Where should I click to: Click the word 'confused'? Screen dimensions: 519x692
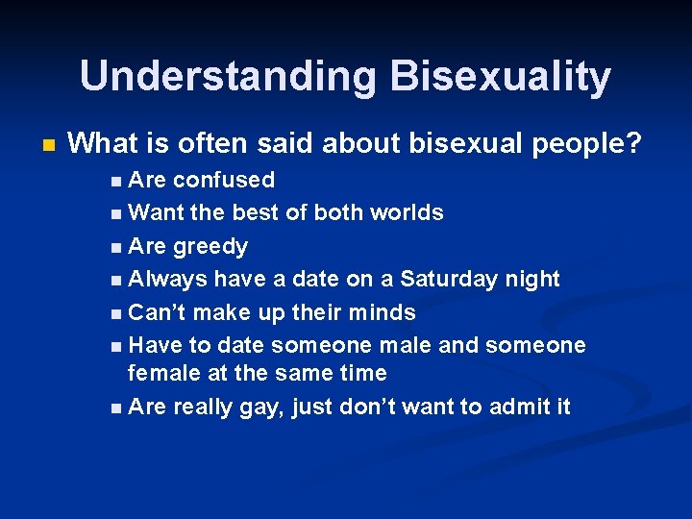tap(224, 180)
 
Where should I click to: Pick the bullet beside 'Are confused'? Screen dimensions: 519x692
tap(116, 181)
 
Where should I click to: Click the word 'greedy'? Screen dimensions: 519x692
tap(210, 247)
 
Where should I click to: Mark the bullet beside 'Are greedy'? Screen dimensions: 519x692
tap(116, 247)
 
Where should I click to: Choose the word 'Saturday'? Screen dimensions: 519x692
tap(446, 279)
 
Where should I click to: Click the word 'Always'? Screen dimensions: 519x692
tap(167, 279)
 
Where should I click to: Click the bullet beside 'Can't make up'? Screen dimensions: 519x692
tap(116, 313)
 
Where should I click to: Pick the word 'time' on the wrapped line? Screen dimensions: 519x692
tap(360, 372)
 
